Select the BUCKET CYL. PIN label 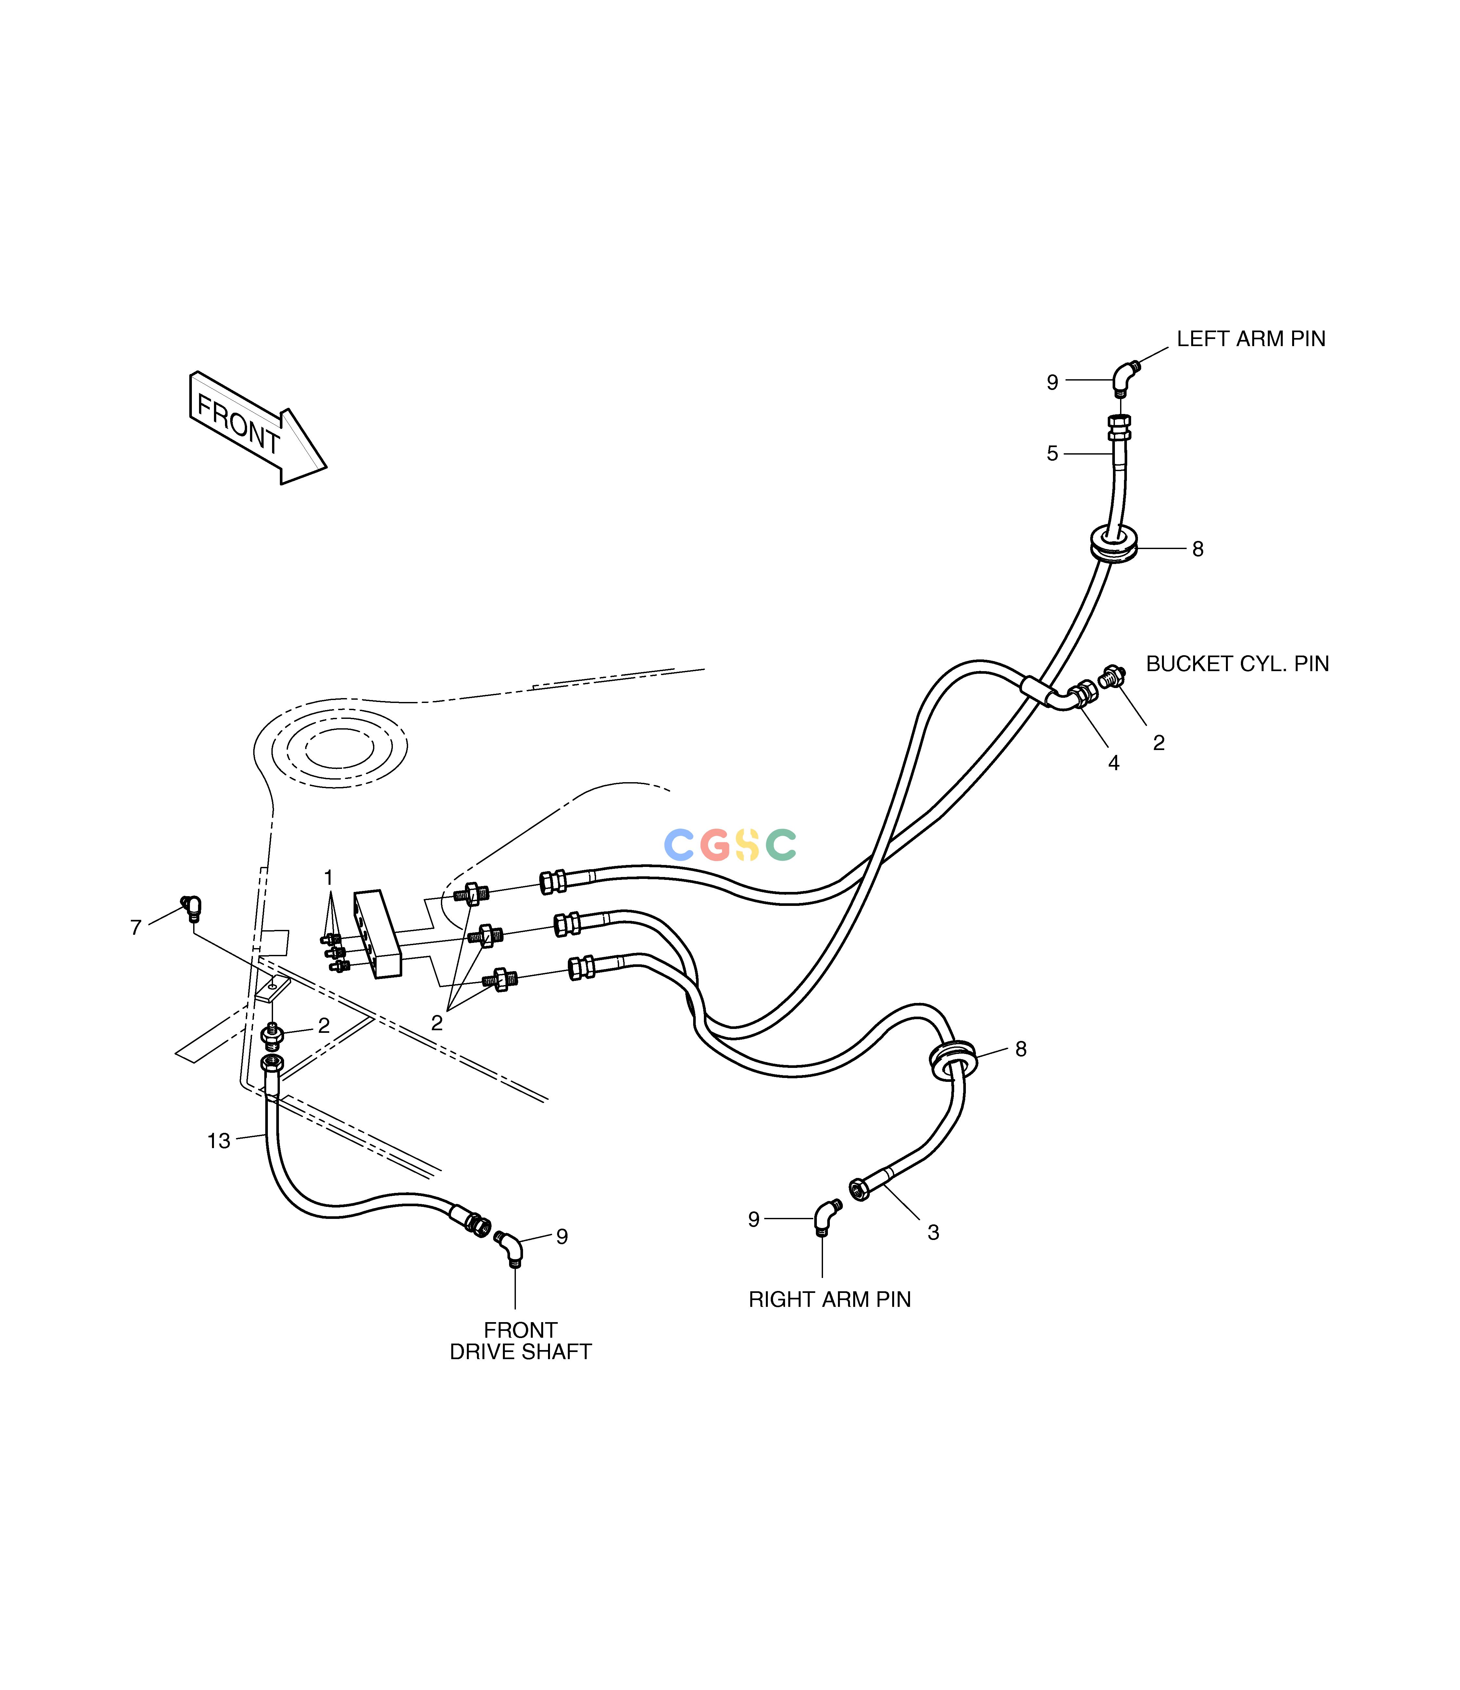pyautogui.click(x=1237, y=664)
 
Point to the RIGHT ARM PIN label pyautogui.click(x=830, y=1299)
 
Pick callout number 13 pyautogui.click(x=218, y=1141)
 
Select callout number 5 pyautogui.click(x=1052, y=454)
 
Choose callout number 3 pyautogui.click(x=933, y=1233)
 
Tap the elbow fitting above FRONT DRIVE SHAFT pyautogui.click(x=510, y=1248)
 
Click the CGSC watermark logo pyautogui.click(x=730, y=845)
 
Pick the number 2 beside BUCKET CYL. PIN pyautogui.click(x=1158, y=743)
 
